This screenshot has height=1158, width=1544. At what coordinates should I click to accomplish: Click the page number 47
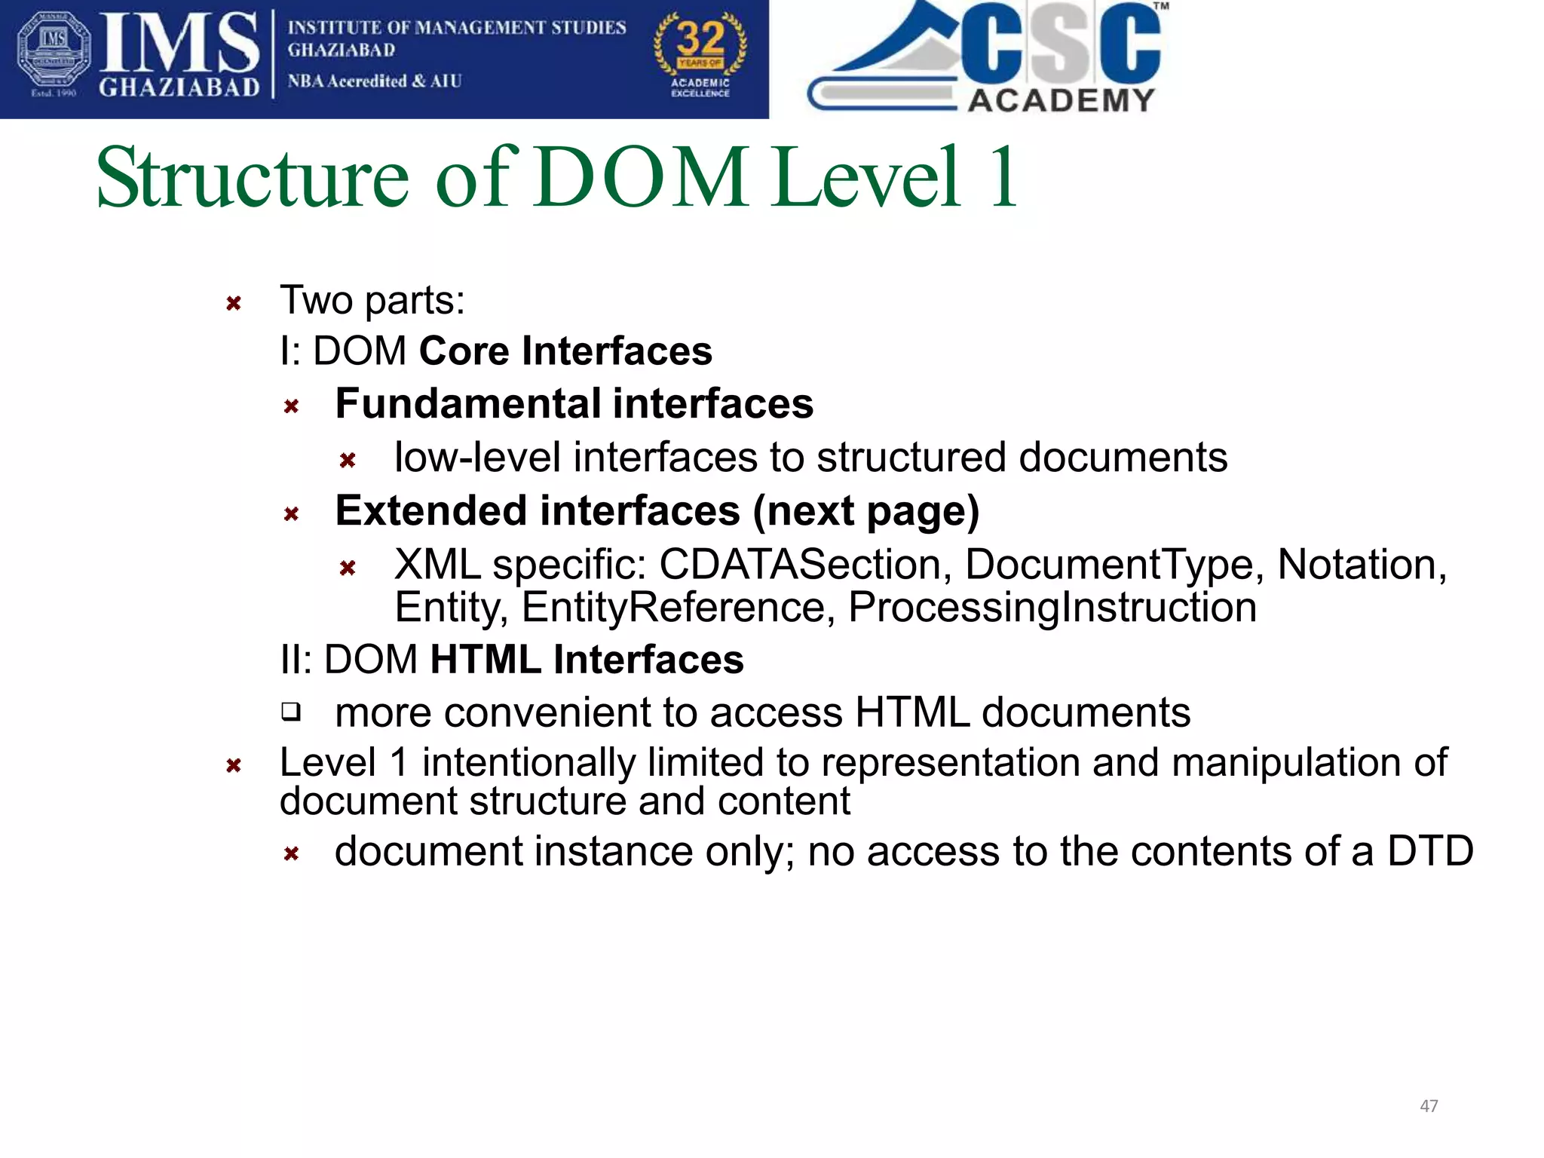click(x=1429, y=1106)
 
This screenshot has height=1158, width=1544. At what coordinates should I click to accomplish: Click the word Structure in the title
click(x=253, y=178)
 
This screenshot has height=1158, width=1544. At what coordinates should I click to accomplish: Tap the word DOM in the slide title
click(x=642, y=178)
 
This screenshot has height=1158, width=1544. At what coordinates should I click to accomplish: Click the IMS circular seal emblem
click(x=54, y=54)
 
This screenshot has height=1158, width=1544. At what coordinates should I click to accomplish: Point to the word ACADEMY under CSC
click(x=1061, y=100)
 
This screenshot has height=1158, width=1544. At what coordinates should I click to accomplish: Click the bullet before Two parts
click(x=234, y=304)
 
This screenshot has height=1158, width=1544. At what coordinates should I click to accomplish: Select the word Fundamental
click(x=467, y=403)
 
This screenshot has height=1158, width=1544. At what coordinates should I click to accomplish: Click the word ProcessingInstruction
click(x=1052, y=608)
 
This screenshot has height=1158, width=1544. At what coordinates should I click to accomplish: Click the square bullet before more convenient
click(x=291, y=712)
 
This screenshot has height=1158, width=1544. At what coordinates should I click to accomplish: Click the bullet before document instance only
click(x=292, y=854)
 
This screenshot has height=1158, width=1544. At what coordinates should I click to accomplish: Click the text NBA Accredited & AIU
click(x=375, y=81)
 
